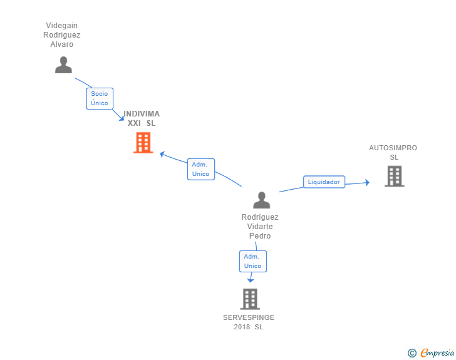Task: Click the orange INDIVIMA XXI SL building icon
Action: (143, 143)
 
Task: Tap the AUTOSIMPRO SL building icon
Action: (394, 176)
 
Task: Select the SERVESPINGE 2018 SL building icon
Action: (249, 299)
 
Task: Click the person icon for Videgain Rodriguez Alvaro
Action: (63, 64)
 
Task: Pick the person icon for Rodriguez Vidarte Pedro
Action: (261, 200)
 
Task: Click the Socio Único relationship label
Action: (99, 98)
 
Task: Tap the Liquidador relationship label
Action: (324, 182)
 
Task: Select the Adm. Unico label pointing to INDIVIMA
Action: (201, 169)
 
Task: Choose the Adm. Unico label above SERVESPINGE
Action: (252, 261)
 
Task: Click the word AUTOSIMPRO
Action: (393, 148)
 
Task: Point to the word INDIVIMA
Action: (142, 114)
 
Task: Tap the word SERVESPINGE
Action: (249, 317)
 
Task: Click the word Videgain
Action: (63, 26)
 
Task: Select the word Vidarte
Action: (260, 227)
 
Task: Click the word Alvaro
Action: (63, 44)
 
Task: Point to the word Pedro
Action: (260, 236)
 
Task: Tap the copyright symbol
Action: (412, 353)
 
